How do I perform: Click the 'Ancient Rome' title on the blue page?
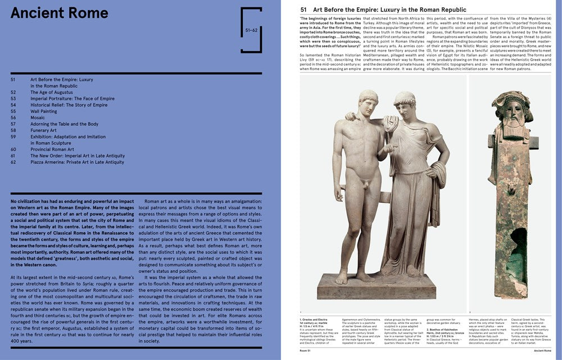point(60,13)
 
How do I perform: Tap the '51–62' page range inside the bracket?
point(251,30)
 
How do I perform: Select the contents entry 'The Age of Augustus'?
point(52,92)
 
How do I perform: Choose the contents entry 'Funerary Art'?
point(43,130)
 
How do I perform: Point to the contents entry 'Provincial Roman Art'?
point(52,149)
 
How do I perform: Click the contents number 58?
point(13,130)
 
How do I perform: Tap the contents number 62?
point(13,162)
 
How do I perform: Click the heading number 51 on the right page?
point(304,10)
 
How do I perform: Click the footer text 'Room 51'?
point(308,350)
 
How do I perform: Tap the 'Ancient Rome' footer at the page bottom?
point(542,350)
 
